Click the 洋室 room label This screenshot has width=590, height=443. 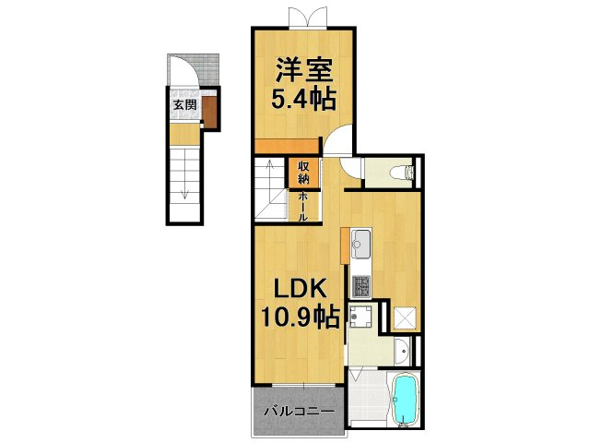301,69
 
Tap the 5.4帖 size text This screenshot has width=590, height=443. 301,97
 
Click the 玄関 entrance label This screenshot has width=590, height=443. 184,104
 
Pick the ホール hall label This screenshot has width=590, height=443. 302,205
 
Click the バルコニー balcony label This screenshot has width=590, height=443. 294,411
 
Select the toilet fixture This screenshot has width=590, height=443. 402,172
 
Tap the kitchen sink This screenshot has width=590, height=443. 360,245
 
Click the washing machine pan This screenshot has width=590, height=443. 362,317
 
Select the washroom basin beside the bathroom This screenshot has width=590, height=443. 403,350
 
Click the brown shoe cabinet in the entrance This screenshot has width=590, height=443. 210,113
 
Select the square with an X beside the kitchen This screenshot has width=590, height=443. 403,318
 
